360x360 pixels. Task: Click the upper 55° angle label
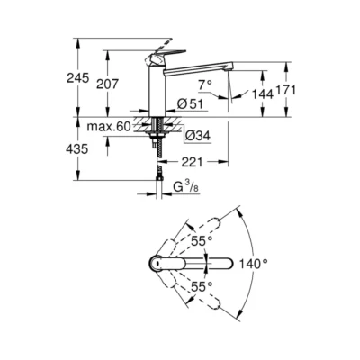pos(201,241)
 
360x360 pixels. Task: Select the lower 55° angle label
pos(201,285)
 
